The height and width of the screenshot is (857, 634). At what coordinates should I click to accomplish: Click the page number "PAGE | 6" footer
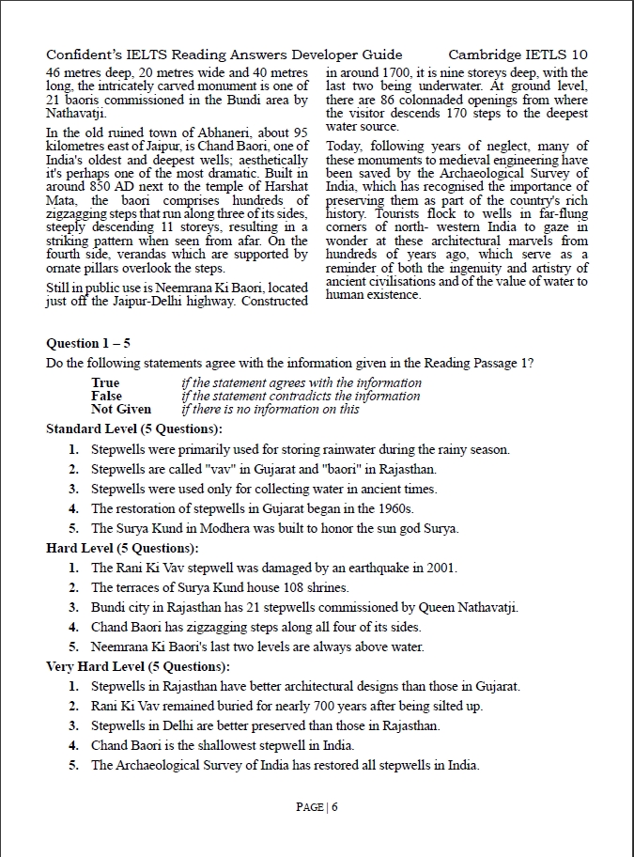[x=317, y=807]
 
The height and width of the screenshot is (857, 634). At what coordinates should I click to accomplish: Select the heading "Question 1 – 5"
[x=88, y=343]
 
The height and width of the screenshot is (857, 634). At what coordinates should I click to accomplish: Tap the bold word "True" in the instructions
[x=105, y=382]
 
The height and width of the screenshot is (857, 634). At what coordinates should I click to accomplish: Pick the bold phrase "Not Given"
[x=120, y=409]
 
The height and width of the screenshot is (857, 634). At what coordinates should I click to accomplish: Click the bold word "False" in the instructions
[x=107, y=396]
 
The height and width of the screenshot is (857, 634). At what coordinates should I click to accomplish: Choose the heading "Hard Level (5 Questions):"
[x=122, y=548]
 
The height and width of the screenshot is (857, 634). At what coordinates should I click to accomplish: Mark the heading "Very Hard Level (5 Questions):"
[x=137, y=666]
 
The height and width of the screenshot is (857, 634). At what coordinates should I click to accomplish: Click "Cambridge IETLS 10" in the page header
[x=518, y=55]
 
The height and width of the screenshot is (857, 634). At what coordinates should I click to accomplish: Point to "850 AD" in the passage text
[x=97, y=187]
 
